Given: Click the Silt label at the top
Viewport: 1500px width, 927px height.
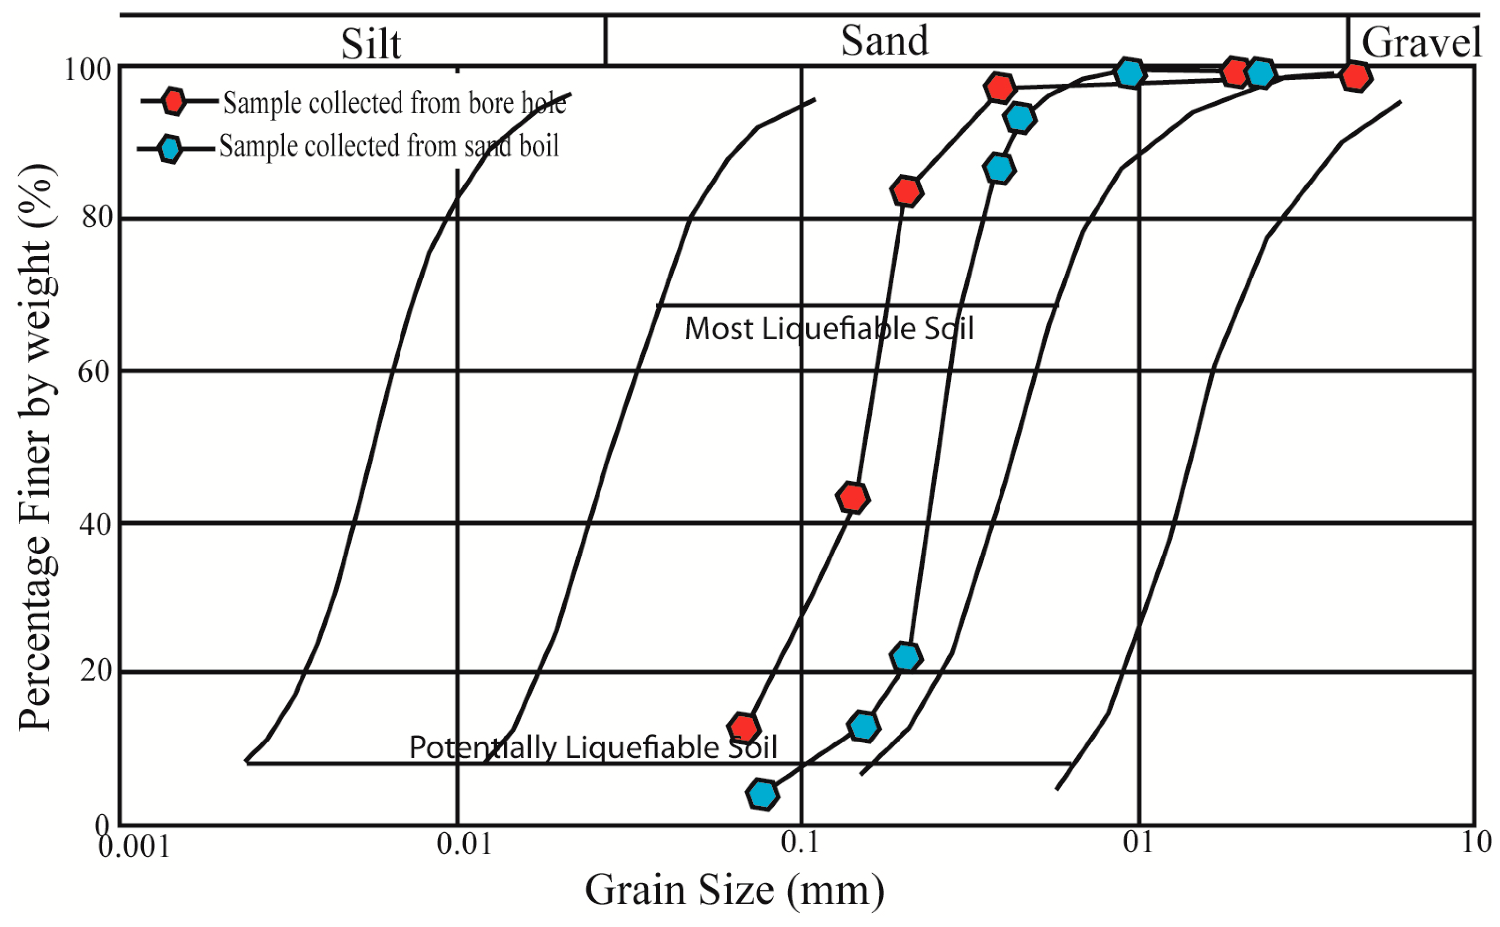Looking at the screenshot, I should pyautogui.click(x=371, y=44).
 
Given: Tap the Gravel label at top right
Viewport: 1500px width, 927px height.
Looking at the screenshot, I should pyautogui.click(x=1420, y=42).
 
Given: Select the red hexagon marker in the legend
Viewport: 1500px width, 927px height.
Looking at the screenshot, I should pyautogui.click(x=174, y=101).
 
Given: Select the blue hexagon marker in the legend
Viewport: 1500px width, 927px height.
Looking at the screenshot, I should pyautogui.click(x=170, y=148).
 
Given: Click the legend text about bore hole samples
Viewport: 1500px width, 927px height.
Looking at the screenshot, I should pyautogui.click(x=395, y=103).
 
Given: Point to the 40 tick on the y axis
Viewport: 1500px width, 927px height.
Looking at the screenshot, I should pyautogui.click(x=96, y=524).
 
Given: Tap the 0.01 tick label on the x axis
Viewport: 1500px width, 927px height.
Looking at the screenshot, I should pyautogui.click(x=464, y=845).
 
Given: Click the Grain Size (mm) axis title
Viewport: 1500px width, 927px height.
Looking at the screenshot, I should pyautogui.click(x=734, y=890).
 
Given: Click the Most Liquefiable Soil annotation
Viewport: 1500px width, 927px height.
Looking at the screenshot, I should pyautogui.click(x=828, y=329).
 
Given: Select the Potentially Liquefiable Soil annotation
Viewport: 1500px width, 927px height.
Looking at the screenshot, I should pyautogui.click(x=593, y=747).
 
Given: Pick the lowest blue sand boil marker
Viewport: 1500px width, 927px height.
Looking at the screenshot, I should pyautogui.click(x=762, y=794).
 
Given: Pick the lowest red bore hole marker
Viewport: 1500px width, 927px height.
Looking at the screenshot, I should pyautogui.click(x=743, y=728).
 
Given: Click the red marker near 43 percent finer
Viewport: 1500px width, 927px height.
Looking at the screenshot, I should pyautogui.click(x=852, y=497).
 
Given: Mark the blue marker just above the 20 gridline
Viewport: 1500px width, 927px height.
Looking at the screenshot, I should pyautogui.click(x=906, y=656).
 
